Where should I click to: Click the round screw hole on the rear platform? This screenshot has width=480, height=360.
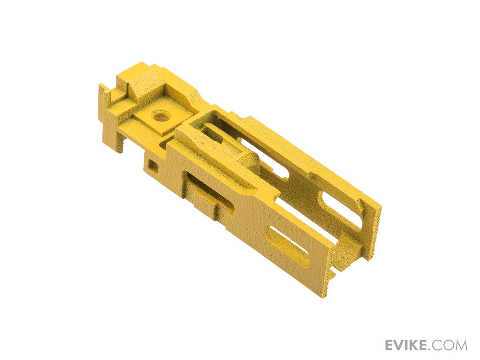[160, 116]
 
